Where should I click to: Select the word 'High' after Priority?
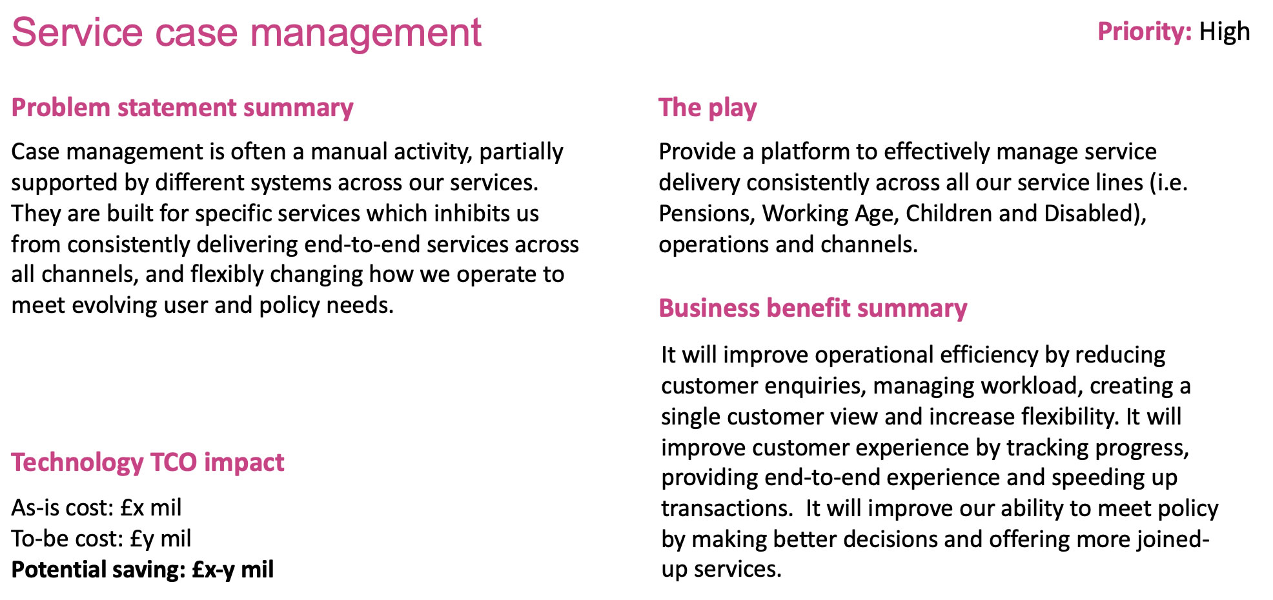1225,32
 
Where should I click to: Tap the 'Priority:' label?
1145,32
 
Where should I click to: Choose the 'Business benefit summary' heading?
813,308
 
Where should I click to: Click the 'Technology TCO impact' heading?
148,463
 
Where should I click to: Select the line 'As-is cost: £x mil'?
96,508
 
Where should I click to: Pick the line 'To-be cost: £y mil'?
101,539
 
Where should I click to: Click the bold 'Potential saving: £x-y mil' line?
143,570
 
